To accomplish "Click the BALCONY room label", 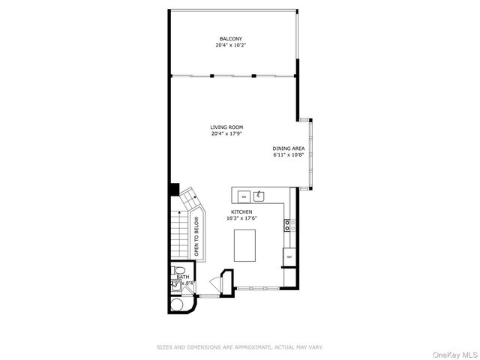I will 230,38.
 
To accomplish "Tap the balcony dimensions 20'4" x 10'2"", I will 230,45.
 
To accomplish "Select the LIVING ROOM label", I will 226,127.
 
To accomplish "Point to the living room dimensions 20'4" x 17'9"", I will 226,133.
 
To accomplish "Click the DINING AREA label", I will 288,149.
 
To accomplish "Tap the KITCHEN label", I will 241,212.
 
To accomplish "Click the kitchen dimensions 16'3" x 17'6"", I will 241,219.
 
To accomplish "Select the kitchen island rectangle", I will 245,246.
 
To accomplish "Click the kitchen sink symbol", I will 259,196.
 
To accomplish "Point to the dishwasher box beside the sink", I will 242,196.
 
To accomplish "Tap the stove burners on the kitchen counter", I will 289,223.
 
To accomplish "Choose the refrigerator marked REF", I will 289,257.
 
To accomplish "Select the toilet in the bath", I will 178,271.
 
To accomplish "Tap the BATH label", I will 182,277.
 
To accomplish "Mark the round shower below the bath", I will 179,304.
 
